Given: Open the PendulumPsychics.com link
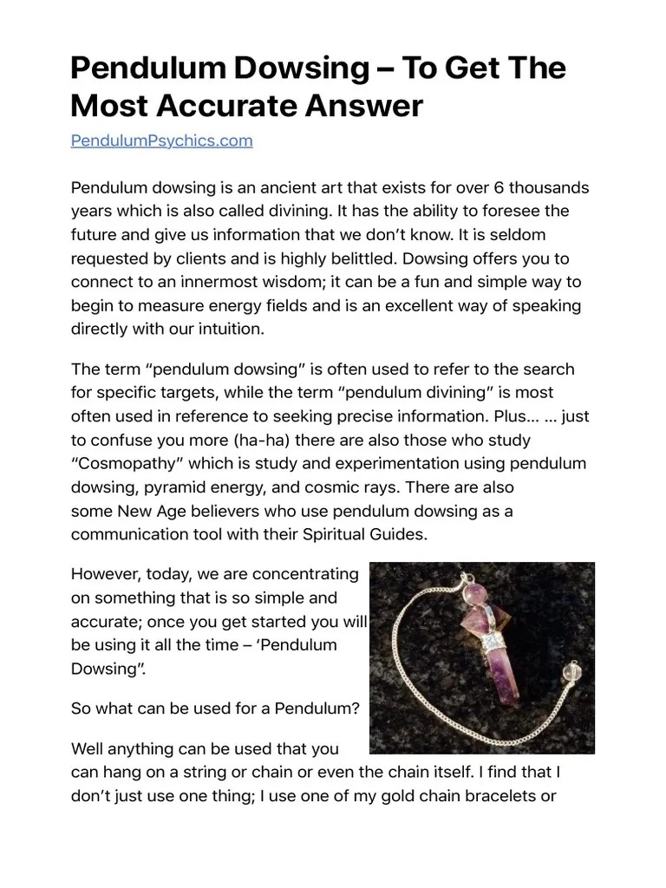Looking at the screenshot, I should point(161,140).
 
